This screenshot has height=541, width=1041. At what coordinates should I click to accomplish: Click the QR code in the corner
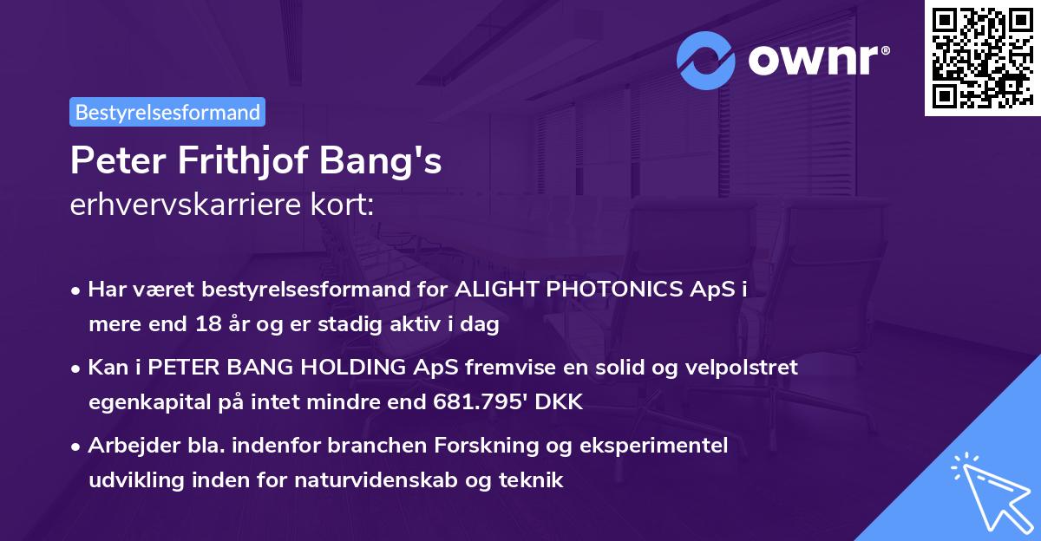[x=981, y=58]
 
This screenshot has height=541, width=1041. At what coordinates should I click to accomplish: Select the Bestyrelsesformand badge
[x=167, y=112]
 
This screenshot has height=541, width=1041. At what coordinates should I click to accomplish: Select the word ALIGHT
[x=494, y=290]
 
